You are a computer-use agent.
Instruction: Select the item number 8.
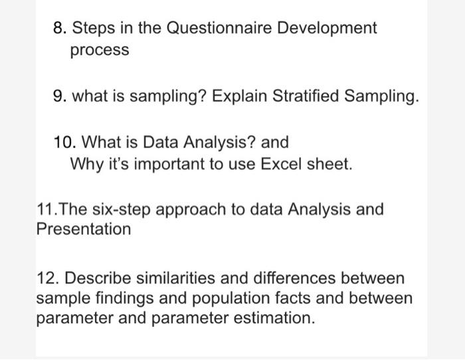(x=58, y=29)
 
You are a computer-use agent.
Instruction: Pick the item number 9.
(x=58, y=98)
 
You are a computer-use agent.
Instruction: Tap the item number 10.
(x=63, y=142)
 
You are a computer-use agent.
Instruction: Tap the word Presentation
(x=83, y=230)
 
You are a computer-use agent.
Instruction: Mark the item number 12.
(x=46, y=278)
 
